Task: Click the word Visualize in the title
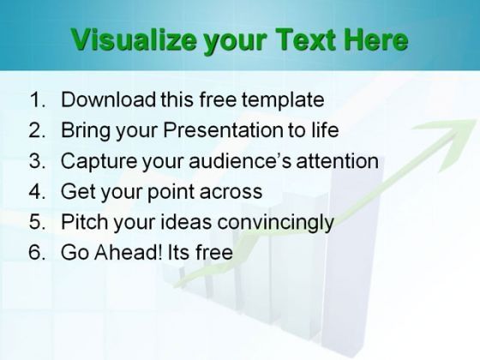pyautogui.click(x=134, y=40)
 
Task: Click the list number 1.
pyautogui.click(x=38, y=99)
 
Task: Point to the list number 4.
pyautogui.click(x=37, y=191)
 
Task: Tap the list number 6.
pyautogui.click(x=37, y=252)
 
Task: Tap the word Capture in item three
pyautogui.click(x=99, y=162)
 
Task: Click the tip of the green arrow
pyautogui.click(x=476, y=120)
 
